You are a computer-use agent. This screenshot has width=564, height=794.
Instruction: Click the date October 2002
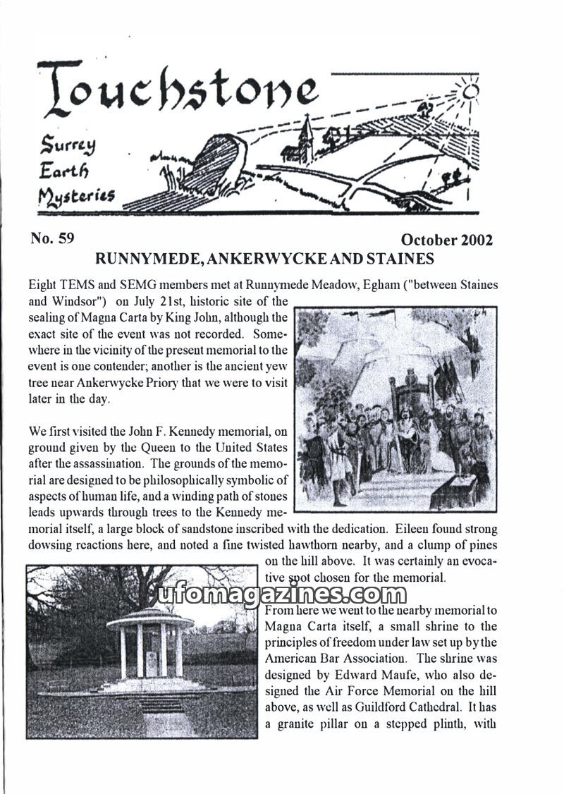coord(446,240)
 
